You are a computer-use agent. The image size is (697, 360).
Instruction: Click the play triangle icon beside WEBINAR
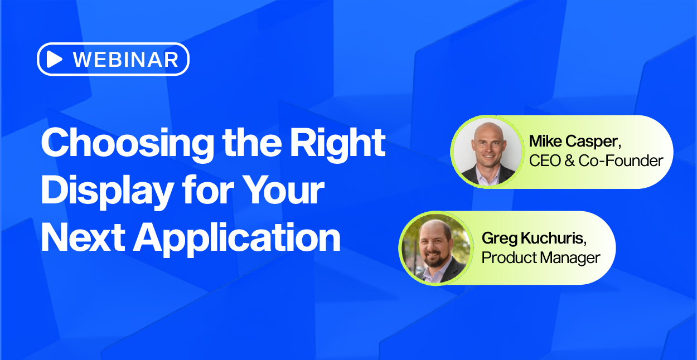[54, 59]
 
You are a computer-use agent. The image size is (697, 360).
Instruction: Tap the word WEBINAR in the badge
[125, 60]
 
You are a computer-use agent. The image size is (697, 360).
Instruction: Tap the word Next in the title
[83, 237]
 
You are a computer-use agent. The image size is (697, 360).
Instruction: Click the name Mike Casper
[575, 142]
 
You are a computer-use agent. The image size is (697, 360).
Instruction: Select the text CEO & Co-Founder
[596, 160]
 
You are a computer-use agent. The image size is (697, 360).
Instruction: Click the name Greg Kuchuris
[534, 239]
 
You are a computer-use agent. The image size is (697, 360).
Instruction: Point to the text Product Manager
[541, 257]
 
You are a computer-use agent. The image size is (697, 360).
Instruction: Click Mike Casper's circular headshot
[487, 152]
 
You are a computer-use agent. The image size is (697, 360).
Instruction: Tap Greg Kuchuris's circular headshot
[435, 248]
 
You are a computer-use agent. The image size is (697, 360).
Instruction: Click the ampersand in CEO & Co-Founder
[569, 160]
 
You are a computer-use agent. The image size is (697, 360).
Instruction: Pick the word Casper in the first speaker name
[593, 142]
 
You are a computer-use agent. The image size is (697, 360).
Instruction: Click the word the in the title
[251, 143]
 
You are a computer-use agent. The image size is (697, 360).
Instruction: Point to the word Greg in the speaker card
[500, 239]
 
